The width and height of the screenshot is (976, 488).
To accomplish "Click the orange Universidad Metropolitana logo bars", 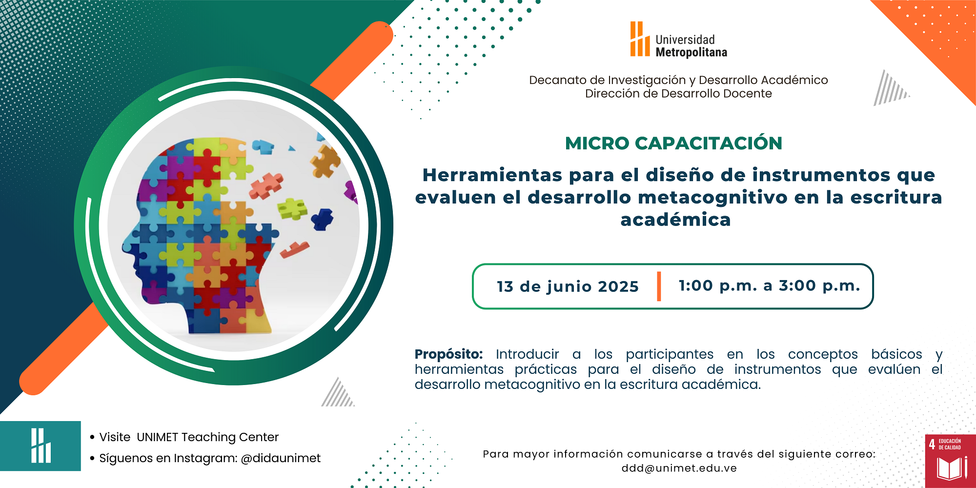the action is pos(640,39).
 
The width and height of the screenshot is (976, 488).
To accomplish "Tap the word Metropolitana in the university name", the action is pos(691,53).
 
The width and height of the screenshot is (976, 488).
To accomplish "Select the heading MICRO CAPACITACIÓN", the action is pos(673,143).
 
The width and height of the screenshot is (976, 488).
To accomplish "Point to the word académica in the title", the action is pos(675,220).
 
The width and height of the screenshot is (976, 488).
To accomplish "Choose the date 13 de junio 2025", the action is pos(568,286).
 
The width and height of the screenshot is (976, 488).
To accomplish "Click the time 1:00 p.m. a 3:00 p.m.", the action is pos(769,285).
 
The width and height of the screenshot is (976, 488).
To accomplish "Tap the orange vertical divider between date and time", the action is pos(659,286).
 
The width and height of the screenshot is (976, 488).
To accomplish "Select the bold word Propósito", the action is pos(448,355).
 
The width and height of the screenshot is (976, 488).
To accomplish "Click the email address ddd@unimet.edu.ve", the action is pos(679,468).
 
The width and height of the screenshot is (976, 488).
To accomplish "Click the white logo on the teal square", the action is pos(41,446).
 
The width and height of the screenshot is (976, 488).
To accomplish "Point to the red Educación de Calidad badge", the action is pos(950,461).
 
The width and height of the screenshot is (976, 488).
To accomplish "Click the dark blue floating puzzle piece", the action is pos(322,219).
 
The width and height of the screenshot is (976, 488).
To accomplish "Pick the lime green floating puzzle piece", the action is pos(292,208).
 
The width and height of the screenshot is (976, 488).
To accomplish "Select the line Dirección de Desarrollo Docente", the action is pos(678,94).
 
